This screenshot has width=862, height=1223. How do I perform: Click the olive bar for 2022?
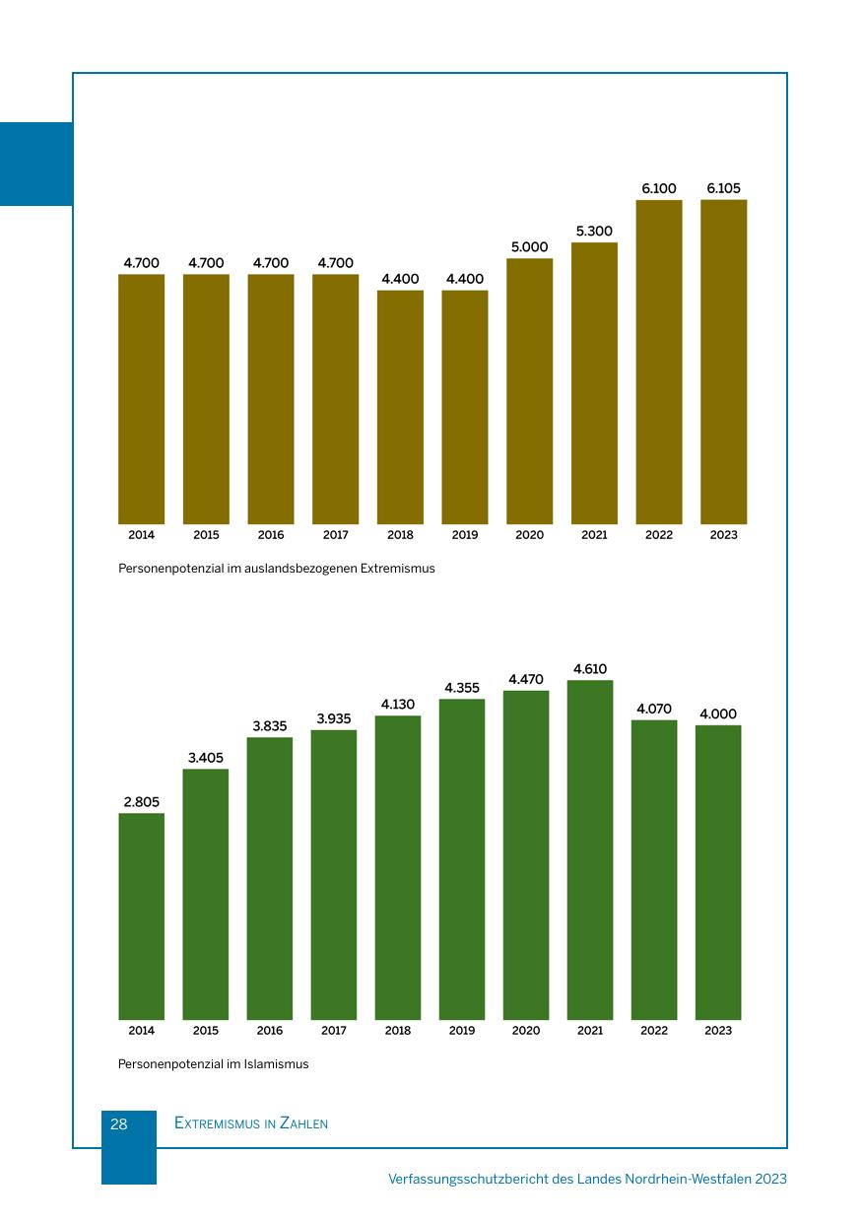click(x=659, y=362)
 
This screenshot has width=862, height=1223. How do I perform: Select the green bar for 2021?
click(x=590, y=849)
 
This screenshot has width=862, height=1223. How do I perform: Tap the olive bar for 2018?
click(x=400, y=407)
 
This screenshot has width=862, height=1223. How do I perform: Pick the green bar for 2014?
click(x=141, y=917)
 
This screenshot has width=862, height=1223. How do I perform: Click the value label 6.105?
click(x=724, y=188)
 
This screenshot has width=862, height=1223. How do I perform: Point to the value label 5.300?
click(x=594, y=232)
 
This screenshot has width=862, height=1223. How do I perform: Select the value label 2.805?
click(x=141, y=802)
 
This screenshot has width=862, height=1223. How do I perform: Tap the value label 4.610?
click(x=590, y=669)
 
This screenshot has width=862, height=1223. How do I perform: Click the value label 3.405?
click(x=206, y=758)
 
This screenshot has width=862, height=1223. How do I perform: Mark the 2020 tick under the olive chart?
click(x=529, y=535)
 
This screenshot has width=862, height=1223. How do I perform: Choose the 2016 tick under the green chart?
click(x=270, y=1031)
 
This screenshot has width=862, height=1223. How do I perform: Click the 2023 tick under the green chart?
click(x=718, y=1031)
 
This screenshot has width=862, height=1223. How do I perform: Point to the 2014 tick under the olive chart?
click(x=141, y=535)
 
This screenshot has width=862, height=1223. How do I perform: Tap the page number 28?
click(x=119, y=1123)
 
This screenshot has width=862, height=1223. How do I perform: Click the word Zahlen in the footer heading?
click(x=303, y=1123)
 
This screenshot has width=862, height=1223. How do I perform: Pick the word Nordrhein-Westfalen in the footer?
click(x=688, y=1179)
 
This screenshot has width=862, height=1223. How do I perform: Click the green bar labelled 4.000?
click(x=718, y=872)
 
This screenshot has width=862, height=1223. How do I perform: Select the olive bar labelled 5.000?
click(x=529, y=391)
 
